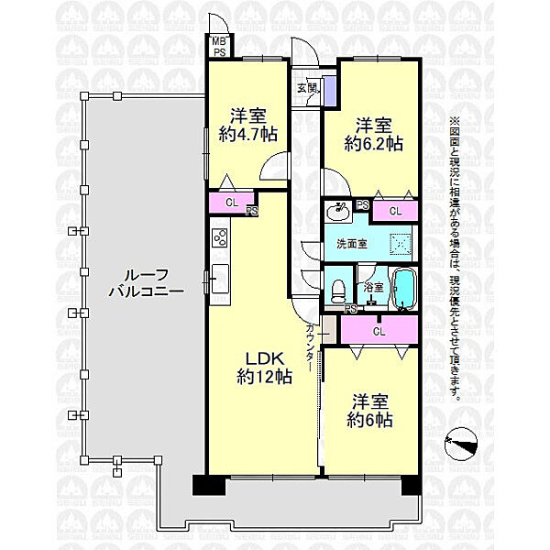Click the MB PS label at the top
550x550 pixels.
pyautogui.click(x=219, y=47)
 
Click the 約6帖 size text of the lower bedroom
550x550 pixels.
pyautogui.click(x=369, y=420)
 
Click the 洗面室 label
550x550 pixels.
pyautogui.click(x=351, y=245)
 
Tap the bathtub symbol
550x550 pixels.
pyautogui.click(x=403, y=289)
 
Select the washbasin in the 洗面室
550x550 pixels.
pyautogui.click(x=341, y=210)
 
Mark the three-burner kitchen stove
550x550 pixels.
pyautogui.click(x=219, y=237)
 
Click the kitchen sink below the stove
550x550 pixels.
pyautogui.click(x=219, y=274)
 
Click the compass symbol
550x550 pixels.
pyautogui.click(x=461, y=446)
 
